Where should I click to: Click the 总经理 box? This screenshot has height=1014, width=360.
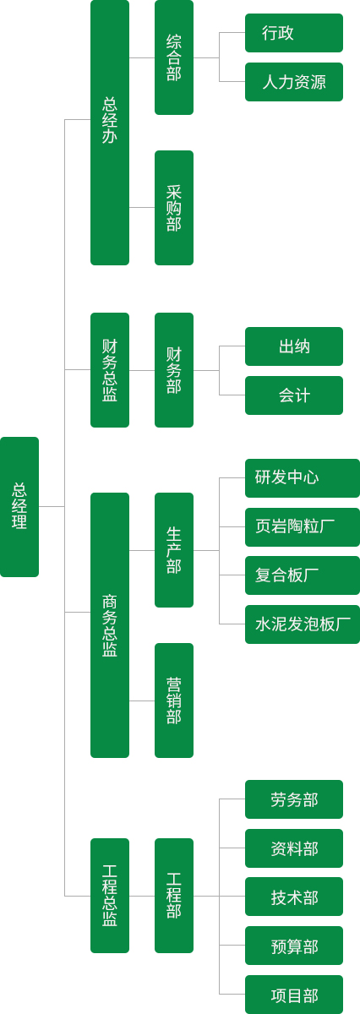click(x=19, y=506)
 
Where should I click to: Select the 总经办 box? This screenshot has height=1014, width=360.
click(x=110, y=132)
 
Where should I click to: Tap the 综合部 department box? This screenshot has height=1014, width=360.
click(x=174, y=57)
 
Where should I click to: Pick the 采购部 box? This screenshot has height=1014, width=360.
click(x=174, y=208)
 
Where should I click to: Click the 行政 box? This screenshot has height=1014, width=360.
click(x=294, y=33)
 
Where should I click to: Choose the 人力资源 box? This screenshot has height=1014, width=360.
click(x=294, y=82)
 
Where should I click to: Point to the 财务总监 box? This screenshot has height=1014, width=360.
click(x=110, y=370)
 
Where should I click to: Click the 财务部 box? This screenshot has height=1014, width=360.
click(x=174, y=370)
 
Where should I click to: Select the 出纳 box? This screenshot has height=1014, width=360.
click(x=294, y=346)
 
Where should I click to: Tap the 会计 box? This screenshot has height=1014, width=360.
click(x=294, y=395)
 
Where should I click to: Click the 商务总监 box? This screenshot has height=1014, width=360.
click(x=110, y=625)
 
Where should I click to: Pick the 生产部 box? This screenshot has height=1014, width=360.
click(x=174, y=550)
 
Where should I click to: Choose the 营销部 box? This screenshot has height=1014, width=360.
click(x=174, y=701)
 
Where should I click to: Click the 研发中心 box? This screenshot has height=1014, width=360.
click(x=303, y=478)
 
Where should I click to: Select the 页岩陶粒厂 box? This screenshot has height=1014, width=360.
click(x=303, y=527)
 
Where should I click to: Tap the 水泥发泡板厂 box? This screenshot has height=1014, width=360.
click(x=303, y=624)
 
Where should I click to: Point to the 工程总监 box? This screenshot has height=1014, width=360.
click(x=110, y=896)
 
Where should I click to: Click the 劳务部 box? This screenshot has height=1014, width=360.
click(x=294, y=799)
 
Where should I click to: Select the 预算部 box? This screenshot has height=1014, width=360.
click(x=294, y=946)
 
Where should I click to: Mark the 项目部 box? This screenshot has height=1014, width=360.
click(x=294, y=995)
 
